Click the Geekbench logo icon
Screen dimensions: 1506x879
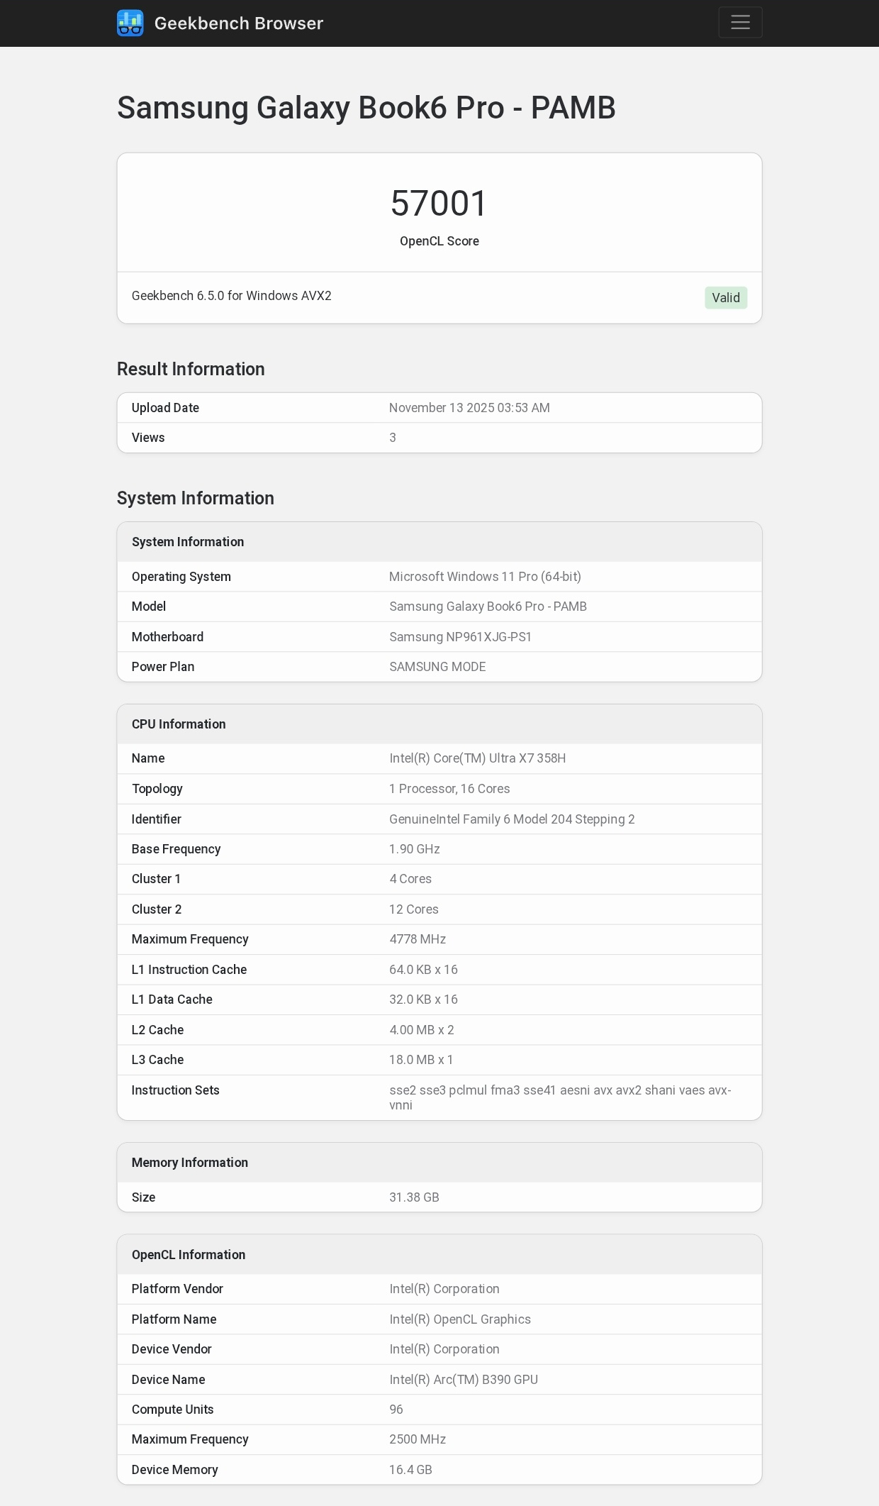130,23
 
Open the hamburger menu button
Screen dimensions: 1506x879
740,23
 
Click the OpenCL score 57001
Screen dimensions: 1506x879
439,204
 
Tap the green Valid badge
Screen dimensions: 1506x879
725,298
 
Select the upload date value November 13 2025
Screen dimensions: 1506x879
469,408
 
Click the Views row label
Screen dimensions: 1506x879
148,438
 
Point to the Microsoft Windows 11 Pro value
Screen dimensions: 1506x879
485,577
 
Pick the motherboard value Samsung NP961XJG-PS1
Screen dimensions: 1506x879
460,637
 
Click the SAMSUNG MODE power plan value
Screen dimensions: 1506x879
437,667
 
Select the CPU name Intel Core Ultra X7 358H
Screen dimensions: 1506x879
477,758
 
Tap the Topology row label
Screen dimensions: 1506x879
157,789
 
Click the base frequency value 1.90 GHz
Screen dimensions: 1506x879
414,849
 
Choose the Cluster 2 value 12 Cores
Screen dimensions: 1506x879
413,909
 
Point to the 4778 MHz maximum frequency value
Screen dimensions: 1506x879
417,939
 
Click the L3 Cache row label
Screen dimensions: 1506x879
157,1060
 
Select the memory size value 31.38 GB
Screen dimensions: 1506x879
414,1197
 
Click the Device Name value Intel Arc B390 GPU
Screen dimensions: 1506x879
463,1380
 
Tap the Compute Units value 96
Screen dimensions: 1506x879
396,1410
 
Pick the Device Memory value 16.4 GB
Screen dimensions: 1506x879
410,1470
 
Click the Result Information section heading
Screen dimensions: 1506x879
191,369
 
